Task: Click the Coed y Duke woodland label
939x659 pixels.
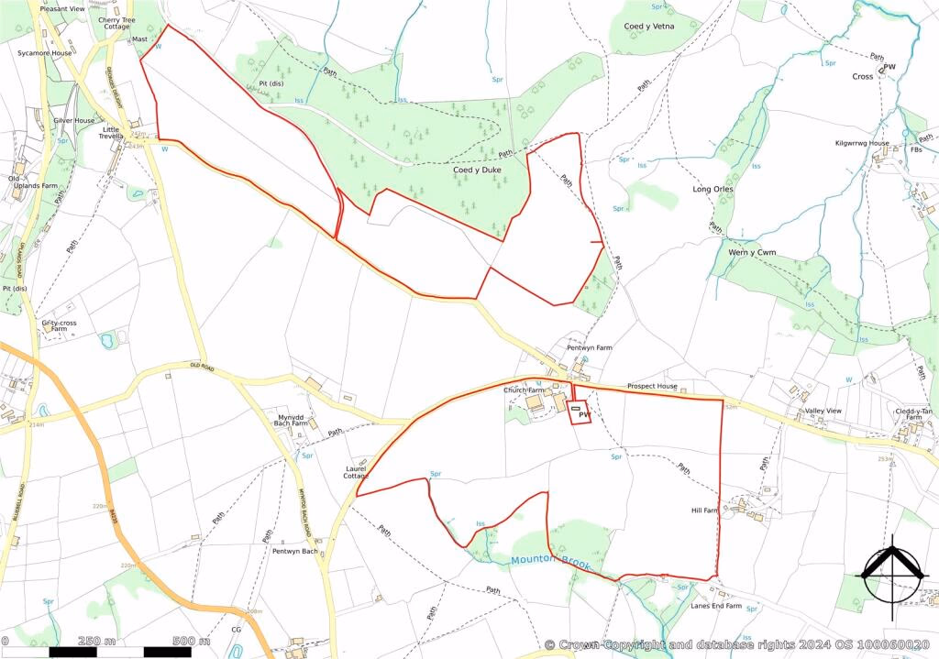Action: [x=477, y=170]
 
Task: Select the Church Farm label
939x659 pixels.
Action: [x=524, y=390]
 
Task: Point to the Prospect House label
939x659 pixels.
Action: [x=652, y=387]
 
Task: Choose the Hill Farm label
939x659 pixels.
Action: [x=704, y=511]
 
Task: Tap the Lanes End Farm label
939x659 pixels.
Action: [x=715, y=606]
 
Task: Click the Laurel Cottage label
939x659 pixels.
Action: [x=356, y=471]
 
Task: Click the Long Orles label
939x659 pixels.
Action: [x=713, y=190]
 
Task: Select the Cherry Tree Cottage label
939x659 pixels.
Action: [x=116, y=23]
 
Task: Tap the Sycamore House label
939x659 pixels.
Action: [x=44, y=53]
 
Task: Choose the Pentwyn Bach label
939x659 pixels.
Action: [x=294, y=551]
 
